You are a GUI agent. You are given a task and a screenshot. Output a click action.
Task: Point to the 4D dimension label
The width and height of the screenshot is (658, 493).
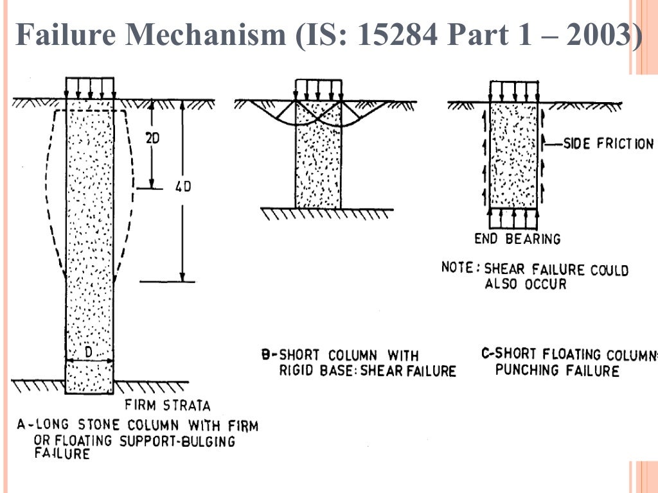183,187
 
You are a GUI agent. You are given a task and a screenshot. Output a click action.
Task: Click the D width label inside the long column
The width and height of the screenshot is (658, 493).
89,352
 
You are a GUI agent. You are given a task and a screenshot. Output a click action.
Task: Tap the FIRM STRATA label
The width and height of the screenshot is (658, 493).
168,406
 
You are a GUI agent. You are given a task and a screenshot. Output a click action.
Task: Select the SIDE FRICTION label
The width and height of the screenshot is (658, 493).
608,144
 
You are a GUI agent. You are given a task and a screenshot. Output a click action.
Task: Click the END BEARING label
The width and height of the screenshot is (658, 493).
517,239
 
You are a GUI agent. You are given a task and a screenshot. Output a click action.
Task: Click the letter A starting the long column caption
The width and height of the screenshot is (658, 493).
21,425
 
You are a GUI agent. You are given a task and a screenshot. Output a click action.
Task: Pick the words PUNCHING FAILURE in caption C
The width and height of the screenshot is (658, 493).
557,370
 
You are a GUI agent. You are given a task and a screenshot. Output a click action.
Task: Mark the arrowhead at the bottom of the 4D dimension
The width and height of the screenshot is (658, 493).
182,277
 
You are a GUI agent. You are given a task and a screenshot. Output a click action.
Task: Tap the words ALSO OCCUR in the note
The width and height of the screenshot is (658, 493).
526,284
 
